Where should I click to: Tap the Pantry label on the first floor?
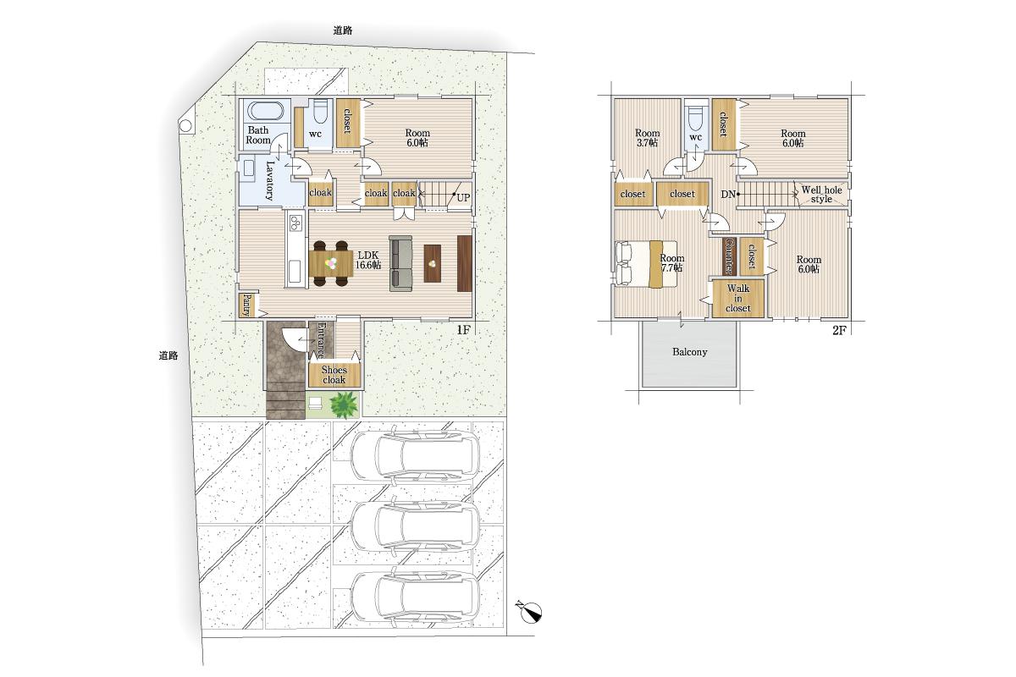tap(247, 305)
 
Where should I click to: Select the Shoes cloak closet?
tap(334, 375)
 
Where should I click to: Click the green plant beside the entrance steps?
tap(344, 405)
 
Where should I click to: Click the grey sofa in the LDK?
tap(401, 263)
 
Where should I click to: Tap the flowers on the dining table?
tap(332, 263)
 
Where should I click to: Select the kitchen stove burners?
tap(296, 223)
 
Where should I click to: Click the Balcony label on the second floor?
tap(689, 352)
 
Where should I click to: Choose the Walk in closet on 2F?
tap(738, 299)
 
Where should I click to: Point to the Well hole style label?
tap(821, 195)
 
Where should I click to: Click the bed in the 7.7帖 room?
tap(646, 263)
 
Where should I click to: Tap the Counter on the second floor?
tap(728, 256)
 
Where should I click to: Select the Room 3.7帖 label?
tap(647, 138)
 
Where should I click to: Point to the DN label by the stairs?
tap(728, 195)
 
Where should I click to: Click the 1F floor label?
tap(463, 330)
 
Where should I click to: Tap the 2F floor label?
tap(839, 330)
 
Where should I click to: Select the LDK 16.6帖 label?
tap(367, 261)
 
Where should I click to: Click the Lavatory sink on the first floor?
tap(247, 168)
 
